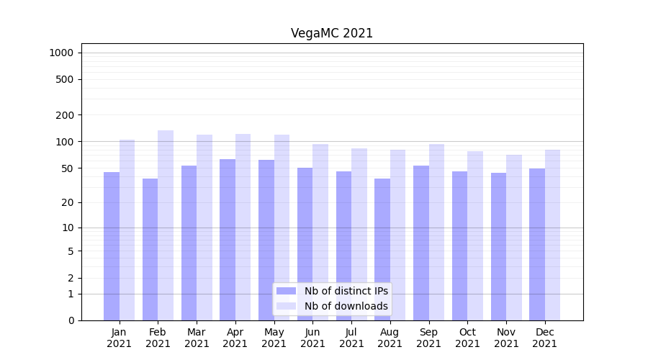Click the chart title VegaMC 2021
click(332, 33)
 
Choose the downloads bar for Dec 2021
click(552, 235)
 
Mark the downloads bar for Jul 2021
click(359, 234)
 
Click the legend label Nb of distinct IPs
click(346, 291)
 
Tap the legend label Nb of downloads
click(346, 306)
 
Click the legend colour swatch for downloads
click(287, 306)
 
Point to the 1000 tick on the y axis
click(61, 53)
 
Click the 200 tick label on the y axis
click(66, 115)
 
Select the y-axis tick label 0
click(71, 320)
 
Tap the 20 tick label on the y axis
click(68, 202)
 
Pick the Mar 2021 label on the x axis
click(197, 338)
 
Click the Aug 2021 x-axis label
click(390, 338)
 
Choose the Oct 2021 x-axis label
click(467, 338)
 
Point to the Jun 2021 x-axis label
click(312, 338)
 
